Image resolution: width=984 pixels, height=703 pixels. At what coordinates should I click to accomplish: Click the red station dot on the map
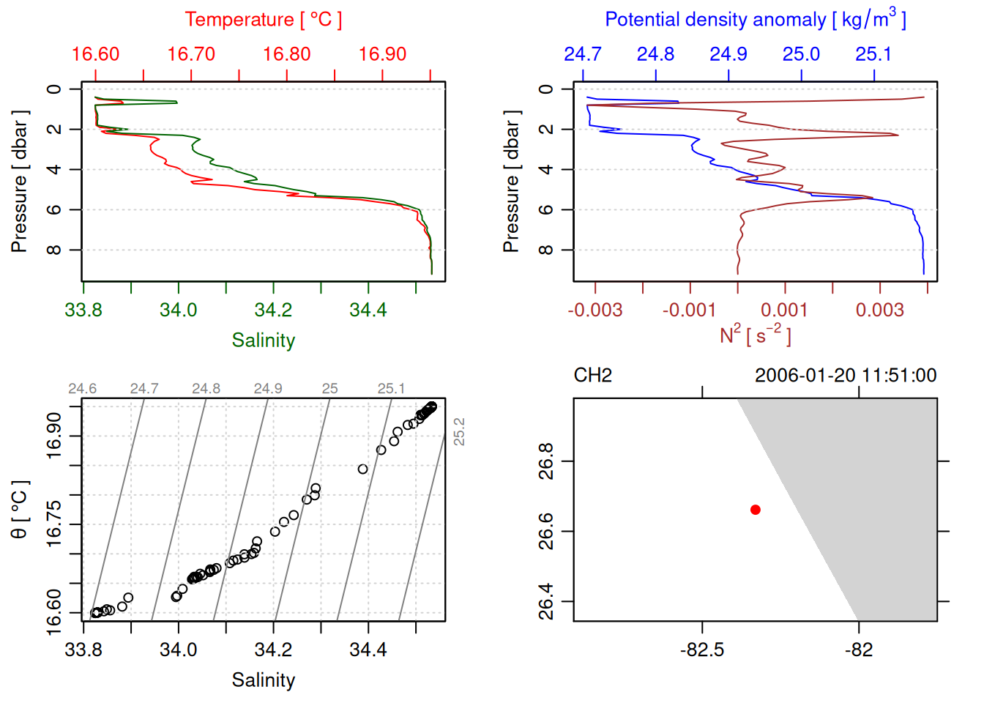[x=755, y=510]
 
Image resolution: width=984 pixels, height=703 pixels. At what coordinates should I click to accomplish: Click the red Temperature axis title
[x=263, y=20]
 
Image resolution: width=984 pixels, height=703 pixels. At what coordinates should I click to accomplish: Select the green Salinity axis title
[x=263, y=341]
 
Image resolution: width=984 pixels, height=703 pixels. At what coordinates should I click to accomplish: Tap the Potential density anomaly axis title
[x=755, y=20]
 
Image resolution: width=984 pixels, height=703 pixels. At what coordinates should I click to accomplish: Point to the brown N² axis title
[x=755, y=335]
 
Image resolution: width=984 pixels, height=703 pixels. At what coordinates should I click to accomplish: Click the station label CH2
[x=592, y=376]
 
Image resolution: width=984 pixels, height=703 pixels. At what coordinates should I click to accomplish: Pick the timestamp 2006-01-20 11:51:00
[x=845, y=376]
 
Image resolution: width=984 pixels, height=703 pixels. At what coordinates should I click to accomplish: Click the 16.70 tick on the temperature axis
[x=191, y=54]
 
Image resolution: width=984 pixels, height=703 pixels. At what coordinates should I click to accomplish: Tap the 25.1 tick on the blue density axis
[x=873, y=54]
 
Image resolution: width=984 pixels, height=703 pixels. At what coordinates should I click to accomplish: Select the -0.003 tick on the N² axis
[x=594, y=310]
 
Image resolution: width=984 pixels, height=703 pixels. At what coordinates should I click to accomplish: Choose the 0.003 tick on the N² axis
[x=879, y=310]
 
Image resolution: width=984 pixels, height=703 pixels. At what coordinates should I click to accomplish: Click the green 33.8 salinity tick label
[x=83, y=310]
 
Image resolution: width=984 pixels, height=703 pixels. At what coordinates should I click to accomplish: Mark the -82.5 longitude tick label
[x=701, y=650]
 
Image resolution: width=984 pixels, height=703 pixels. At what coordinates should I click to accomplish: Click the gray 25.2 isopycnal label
[x=459, y=431]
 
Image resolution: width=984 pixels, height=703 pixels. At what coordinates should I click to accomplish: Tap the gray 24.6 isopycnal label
[x=82, y=389]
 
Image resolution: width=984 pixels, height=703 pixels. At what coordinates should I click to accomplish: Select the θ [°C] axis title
[x=20, y=510]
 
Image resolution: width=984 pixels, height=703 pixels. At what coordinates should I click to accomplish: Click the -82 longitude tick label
[x=858, y=650]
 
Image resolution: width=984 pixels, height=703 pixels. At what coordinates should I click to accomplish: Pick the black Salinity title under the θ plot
[x=263, y=680]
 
